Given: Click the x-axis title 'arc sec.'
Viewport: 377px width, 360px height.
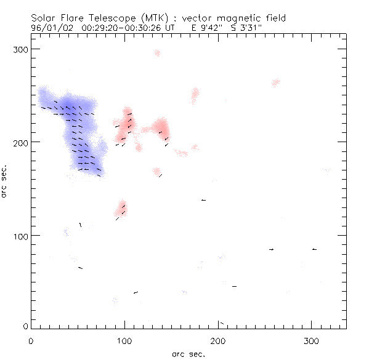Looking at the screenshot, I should [188, 354].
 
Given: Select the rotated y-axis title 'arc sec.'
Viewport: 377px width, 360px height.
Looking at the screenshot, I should [6, 182].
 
